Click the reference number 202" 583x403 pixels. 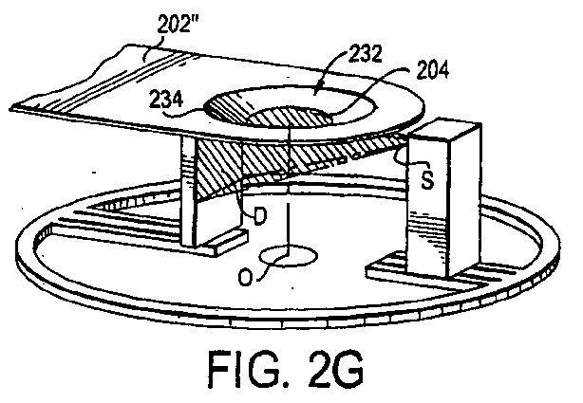coord(178,25)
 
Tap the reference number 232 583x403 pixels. coord(366,54)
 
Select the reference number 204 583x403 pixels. coord(433,69)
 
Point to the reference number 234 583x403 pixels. coord(166,100)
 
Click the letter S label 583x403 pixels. coord(427,180)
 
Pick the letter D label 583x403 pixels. coord(260,215)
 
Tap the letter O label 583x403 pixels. coord(245,277)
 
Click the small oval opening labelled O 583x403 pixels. coord(288,256)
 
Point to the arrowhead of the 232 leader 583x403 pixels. coord(315,90)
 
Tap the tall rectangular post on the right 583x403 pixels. coord(443,199)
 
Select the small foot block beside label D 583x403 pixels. coord(227,242)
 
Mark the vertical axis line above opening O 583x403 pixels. coord(289,222)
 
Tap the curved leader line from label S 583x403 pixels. coord(409,157)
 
